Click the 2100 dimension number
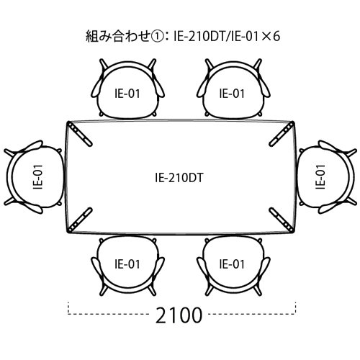coord(179,315)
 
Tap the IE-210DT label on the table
coord(179,178)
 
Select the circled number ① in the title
coord(157,36)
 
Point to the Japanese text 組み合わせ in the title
coord(118,36)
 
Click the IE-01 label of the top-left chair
coord(127,94)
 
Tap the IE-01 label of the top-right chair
coord(232,94)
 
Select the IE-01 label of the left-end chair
coord(38,177)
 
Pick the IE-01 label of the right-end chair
coord(320,177)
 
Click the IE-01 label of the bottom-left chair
coord(127,264)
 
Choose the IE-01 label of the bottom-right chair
coord(232,264)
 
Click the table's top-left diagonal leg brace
coord(80,134)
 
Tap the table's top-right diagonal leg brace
coord(282,134)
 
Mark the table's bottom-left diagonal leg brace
coord(80,220)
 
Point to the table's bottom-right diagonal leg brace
coord(282,220)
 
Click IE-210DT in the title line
coord(198,36)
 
